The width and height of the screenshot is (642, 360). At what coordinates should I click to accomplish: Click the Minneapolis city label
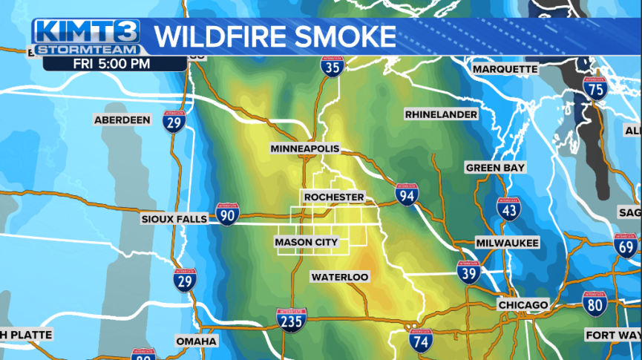304,148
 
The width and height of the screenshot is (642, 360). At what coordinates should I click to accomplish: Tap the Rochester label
334,197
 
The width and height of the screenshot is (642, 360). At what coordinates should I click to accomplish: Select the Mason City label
306,242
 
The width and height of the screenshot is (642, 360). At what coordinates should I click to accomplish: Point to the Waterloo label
339,277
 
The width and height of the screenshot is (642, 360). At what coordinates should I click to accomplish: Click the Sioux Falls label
176,219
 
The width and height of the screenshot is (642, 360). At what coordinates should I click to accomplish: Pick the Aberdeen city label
122,120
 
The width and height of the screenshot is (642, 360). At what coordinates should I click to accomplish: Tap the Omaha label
197,341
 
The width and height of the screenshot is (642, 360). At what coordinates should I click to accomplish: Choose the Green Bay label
495,168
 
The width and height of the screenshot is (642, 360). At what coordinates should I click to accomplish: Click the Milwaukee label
508,243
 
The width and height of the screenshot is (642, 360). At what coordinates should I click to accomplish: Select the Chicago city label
523,305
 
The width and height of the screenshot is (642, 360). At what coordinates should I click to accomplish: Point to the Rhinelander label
441,114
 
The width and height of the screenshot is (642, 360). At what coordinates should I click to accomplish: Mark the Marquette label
505,69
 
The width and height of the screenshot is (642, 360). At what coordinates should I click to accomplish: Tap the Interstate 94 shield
406,194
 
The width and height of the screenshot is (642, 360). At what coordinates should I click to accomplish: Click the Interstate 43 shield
508,209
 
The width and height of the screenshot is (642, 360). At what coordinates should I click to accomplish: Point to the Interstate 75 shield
594,88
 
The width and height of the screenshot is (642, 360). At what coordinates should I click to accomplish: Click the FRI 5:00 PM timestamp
111,63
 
